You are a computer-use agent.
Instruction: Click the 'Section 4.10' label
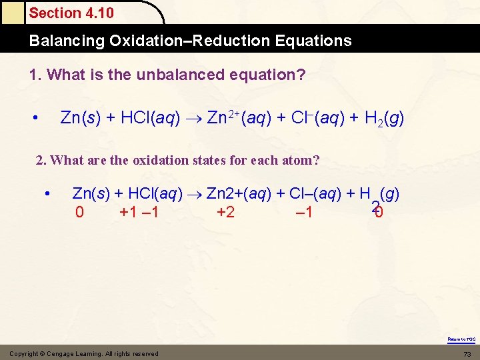[x=71, y=13]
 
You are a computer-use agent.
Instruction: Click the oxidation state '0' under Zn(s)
[x=80, y=213]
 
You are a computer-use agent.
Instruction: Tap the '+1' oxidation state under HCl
[x=129, y=213]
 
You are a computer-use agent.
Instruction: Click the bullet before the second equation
[x=48, y=194]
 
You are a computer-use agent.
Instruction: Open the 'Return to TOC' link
[x=461, y=339]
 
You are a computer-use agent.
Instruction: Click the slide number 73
[x=467, y=353]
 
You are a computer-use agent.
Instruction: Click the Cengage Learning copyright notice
[x=84, y=353]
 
